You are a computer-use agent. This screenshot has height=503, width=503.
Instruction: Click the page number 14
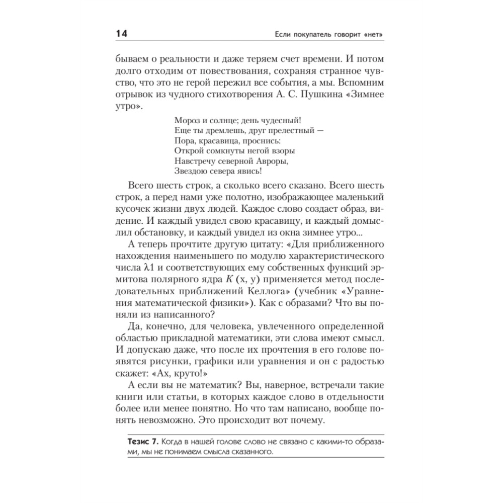[121, 34]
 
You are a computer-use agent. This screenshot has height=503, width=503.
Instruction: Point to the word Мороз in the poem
[187, 121]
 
